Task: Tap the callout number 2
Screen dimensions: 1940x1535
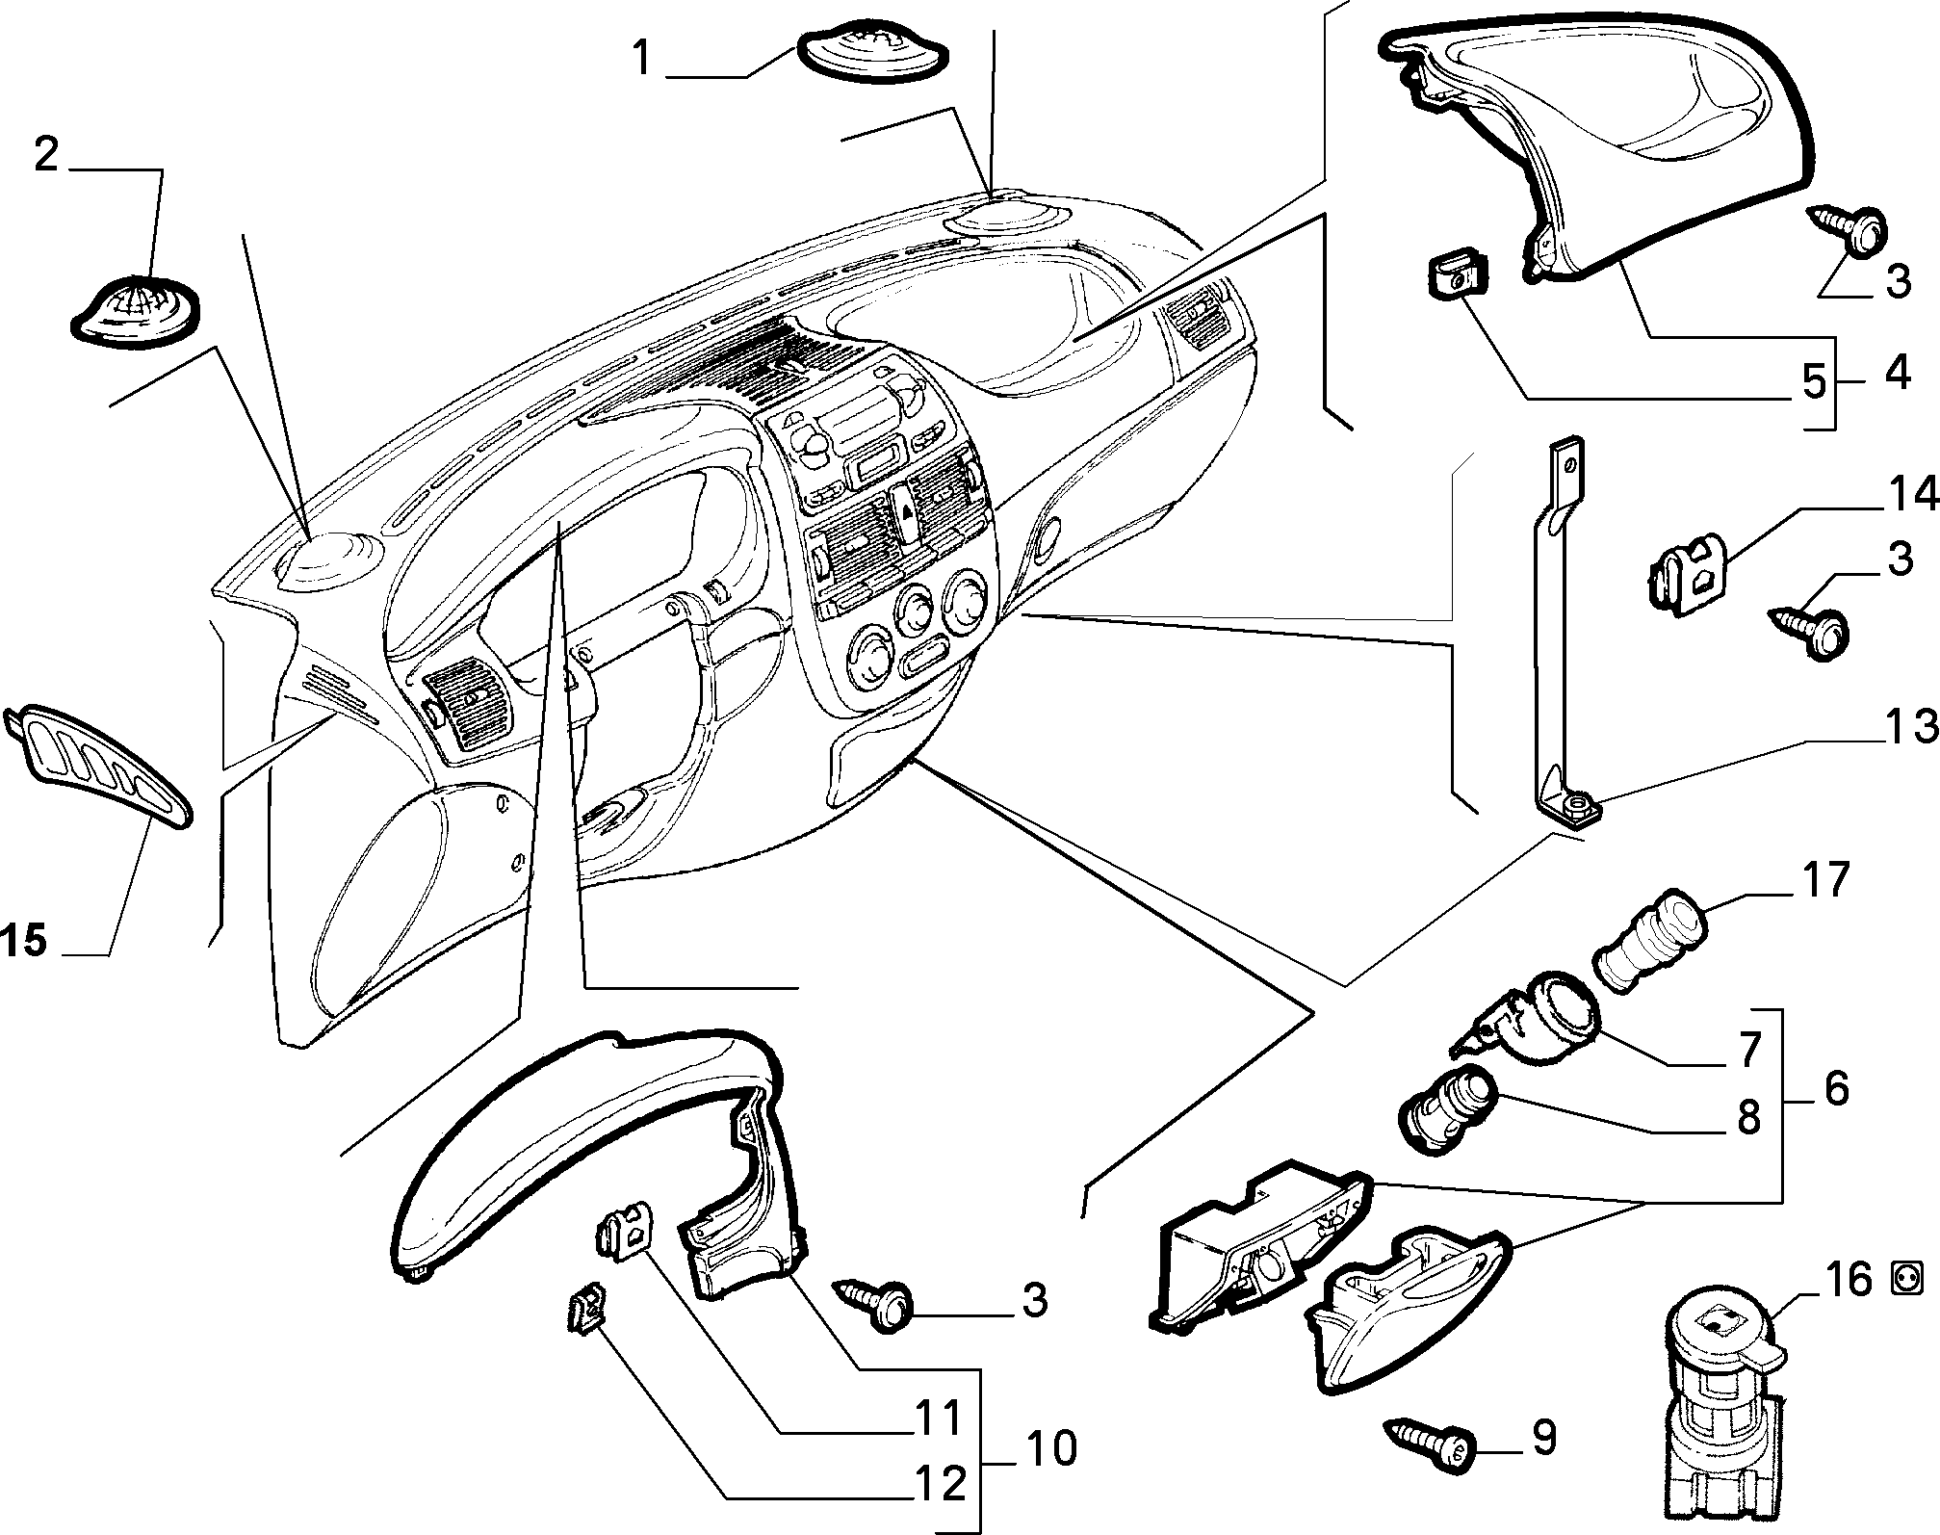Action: coord(47,154)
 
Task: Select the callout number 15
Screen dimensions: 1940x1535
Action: coord(24,940)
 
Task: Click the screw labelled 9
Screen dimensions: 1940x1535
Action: coord(1429,1468)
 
